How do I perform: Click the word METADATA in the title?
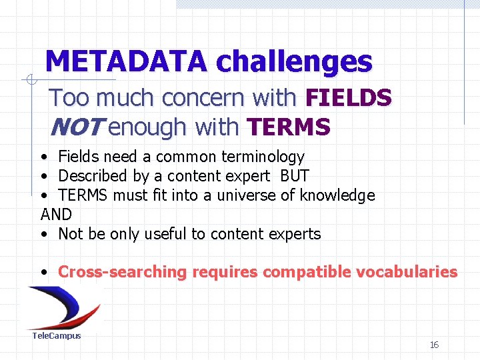(x=126, y=62)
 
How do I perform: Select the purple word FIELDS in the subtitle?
(x=348, y=98)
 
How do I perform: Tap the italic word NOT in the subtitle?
(x=76, y=126)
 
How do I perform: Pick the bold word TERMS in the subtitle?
(x=288, y=126)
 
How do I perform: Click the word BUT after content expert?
(x=295, y=176)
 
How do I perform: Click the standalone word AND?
(x=56, y=215)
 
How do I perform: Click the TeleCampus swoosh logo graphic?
(x=64, y=307)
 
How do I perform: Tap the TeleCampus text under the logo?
(x=57, y=336)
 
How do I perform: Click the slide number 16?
(x=434, y=345)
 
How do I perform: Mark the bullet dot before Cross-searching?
(x=43, y=273)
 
